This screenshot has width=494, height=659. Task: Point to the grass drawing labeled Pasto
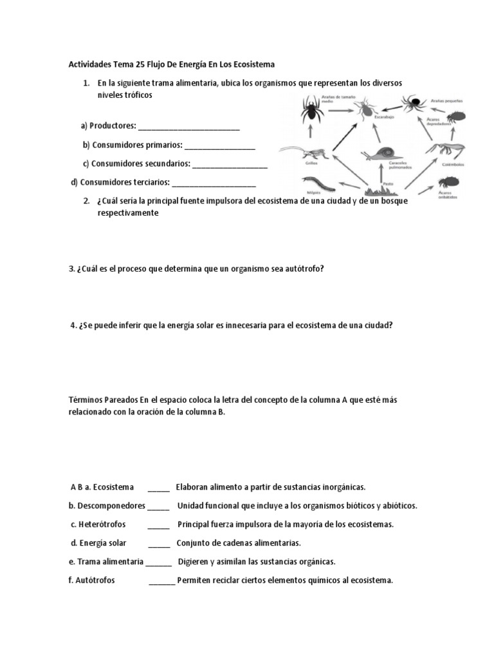(385, 189)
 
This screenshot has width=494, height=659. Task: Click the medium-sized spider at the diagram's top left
(312, 111)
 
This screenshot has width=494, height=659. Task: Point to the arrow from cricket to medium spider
(311, 135)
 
